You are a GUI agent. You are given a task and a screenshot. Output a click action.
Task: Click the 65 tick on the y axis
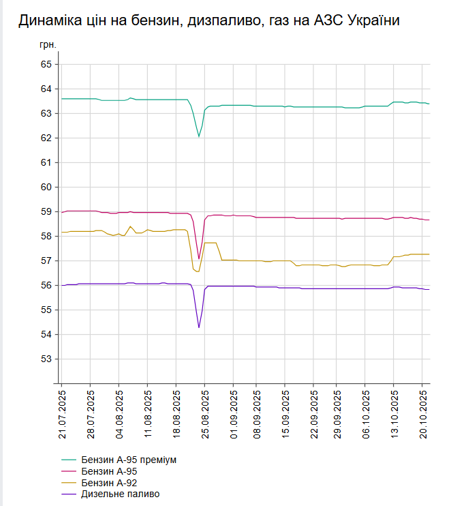click(x=46, y=64)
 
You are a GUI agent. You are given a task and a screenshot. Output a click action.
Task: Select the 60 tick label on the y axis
click(x=46, y=187)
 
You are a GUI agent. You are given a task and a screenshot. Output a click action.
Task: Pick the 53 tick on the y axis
click(x=46, y=359)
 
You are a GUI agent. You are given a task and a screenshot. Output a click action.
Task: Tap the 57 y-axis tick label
click(x=46, y=261)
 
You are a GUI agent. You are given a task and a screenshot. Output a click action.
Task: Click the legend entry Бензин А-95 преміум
click(x=128, y=460)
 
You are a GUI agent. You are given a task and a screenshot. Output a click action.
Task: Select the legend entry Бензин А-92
click(x=109, y=483)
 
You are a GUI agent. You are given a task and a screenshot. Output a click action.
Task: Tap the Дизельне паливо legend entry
click(x=120, y=494)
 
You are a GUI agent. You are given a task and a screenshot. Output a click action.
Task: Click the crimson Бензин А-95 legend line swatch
click(x=69, y=471)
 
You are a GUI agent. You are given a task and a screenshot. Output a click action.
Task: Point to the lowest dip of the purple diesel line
click(x=199, y=327)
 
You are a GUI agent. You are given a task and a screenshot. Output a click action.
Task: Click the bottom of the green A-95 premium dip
click(x=199, y=136)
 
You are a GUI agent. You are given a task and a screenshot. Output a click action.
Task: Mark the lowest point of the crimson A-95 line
click(x=199, y=258)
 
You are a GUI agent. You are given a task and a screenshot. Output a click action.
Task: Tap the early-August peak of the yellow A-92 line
click(x=130, y=226)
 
